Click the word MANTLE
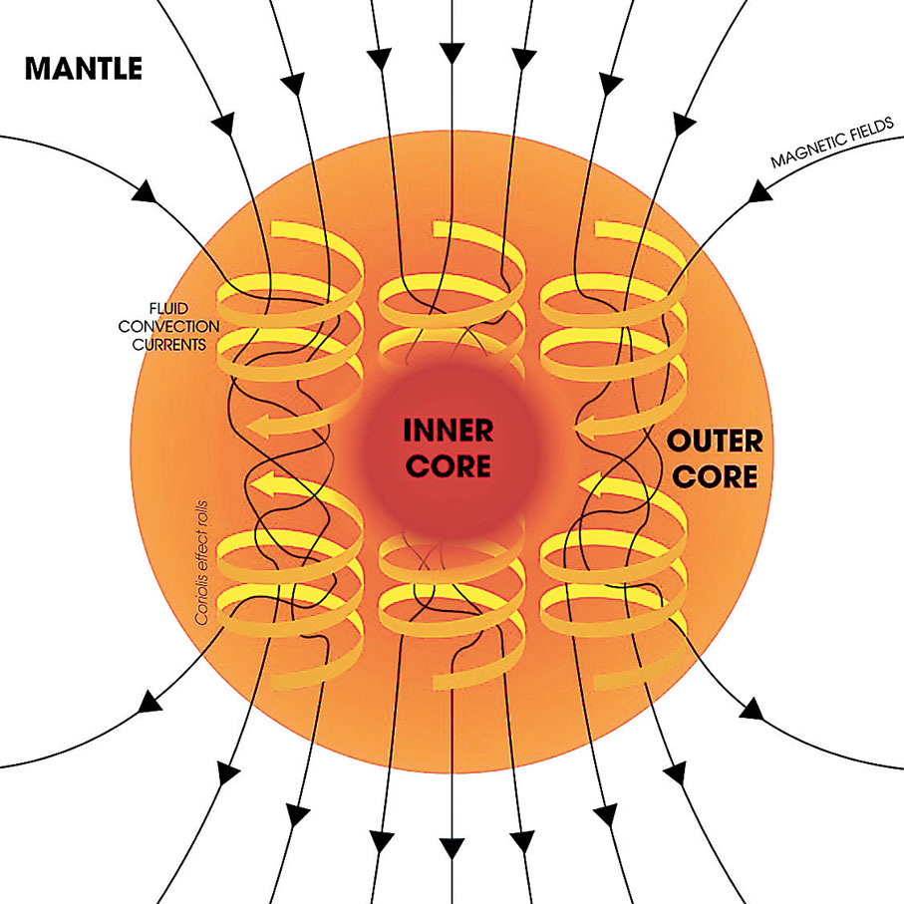[x=84, y=69]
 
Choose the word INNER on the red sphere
[x=448, y=431]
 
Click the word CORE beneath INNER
[x=448, y=464]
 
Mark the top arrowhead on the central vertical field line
[x=452, y=48]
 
